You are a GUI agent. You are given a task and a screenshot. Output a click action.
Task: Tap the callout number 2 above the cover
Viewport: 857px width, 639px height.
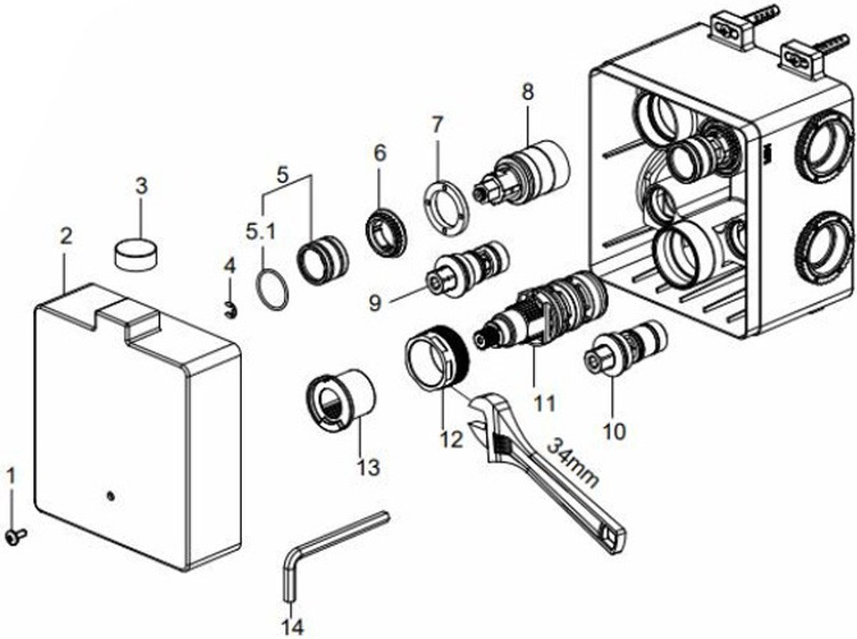66,236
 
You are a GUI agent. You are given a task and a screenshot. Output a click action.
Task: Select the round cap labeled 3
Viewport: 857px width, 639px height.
136,253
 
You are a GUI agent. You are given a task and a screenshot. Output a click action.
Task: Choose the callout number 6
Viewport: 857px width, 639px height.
379,153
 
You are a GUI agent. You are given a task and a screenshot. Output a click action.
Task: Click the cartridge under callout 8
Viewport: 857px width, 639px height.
521,172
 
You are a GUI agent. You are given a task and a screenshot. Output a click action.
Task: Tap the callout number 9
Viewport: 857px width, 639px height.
375,303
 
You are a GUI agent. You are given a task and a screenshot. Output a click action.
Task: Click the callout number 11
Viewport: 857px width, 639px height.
544,403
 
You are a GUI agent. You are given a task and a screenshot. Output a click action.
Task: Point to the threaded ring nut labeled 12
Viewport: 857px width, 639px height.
437,356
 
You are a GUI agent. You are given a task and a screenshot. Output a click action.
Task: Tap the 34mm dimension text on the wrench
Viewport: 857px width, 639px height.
572,463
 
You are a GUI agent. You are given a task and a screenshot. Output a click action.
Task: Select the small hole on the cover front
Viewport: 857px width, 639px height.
111,496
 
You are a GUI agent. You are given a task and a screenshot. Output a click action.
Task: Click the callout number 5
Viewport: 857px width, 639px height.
282,175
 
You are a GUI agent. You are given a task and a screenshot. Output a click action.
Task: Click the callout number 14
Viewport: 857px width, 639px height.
292,628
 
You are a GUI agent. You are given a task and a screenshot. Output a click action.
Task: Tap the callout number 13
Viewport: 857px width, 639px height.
369,467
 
